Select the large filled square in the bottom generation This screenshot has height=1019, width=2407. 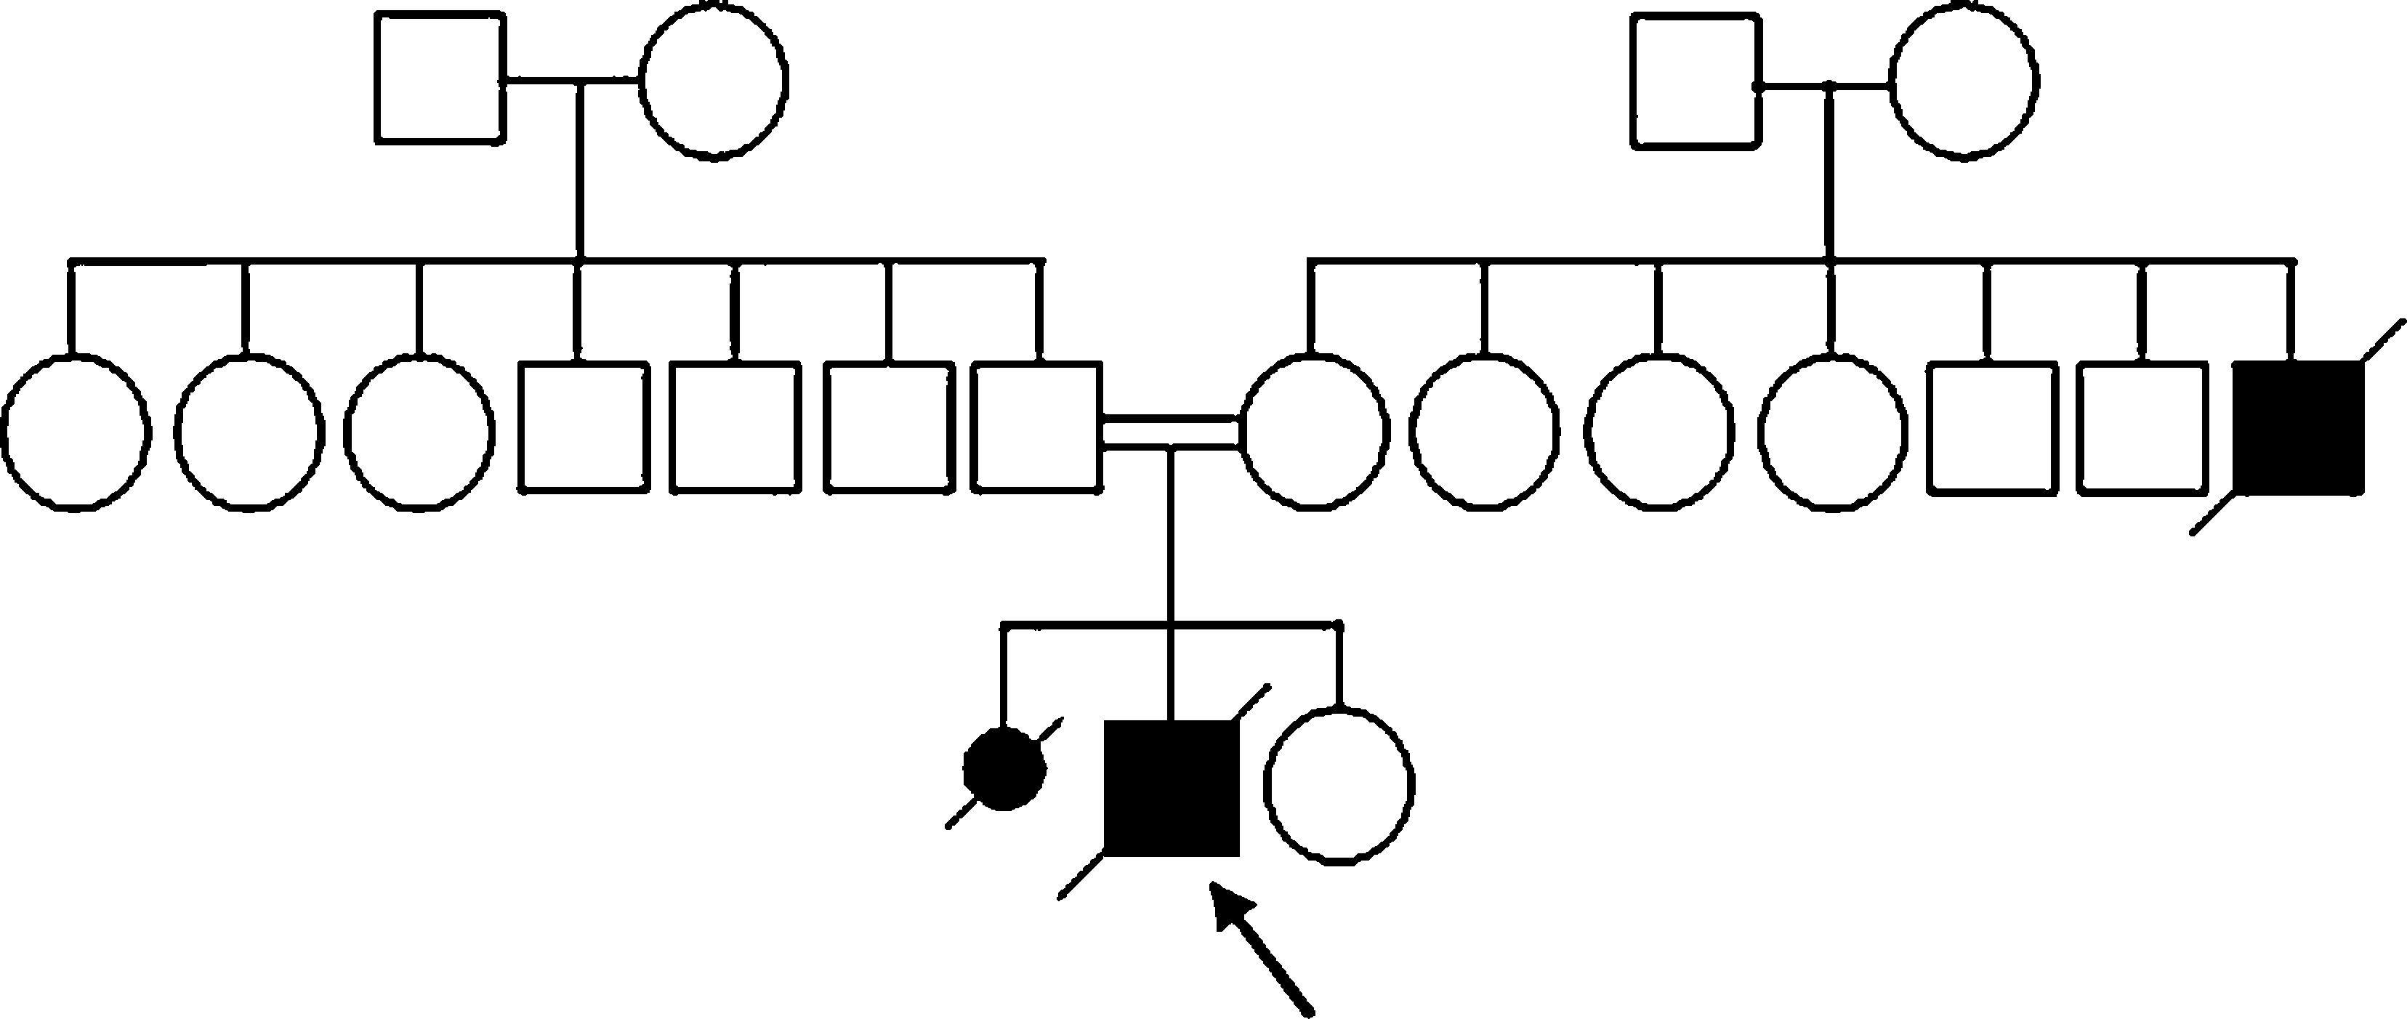pos(1172,787)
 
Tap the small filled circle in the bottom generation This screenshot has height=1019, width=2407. pos(1004,770)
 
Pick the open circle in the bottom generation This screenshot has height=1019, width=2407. pos(1339,784)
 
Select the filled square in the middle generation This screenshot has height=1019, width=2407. pos(2298,427)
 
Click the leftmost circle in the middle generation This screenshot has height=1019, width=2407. pos(76,432)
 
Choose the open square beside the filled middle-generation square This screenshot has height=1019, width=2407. pos(2142,428)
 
